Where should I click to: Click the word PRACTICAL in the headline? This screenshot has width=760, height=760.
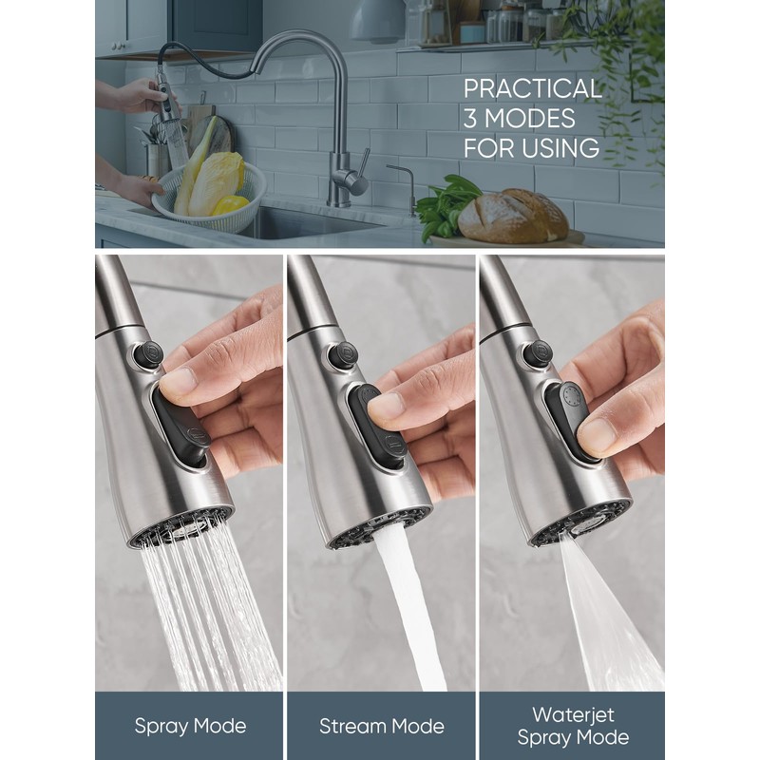click(532, 88)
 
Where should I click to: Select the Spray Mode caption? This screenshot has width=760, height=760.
click(190, 727)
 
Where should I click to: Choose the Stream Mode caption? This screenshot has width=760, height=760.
click(381, 727)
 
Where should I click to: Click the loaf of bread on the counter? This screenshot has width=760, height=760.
click(513, 216)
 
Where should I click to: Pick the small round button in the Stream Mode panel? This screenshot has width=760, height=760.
click(343, 355)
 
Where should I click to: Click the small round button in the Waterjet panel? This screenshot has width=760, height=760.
click(538, 353)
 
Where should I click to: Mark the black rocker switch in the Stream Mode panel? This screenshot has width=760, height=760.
click(378, 427)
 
